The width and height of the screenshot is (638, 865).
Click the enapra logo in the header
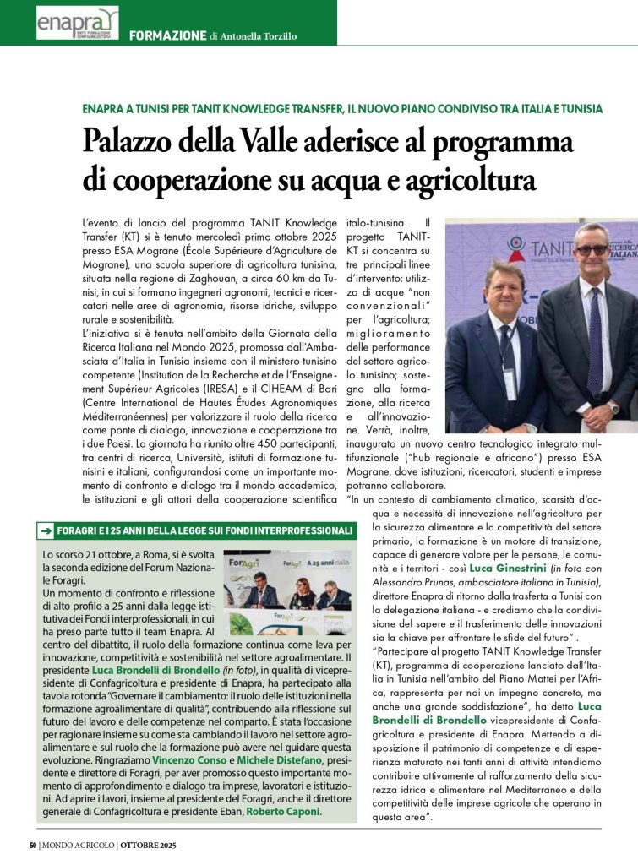pyautogui.click(x=76, y=22)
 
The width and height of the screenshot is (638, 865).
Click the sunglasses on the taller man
pyautogui.click(x=591, y=249)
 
